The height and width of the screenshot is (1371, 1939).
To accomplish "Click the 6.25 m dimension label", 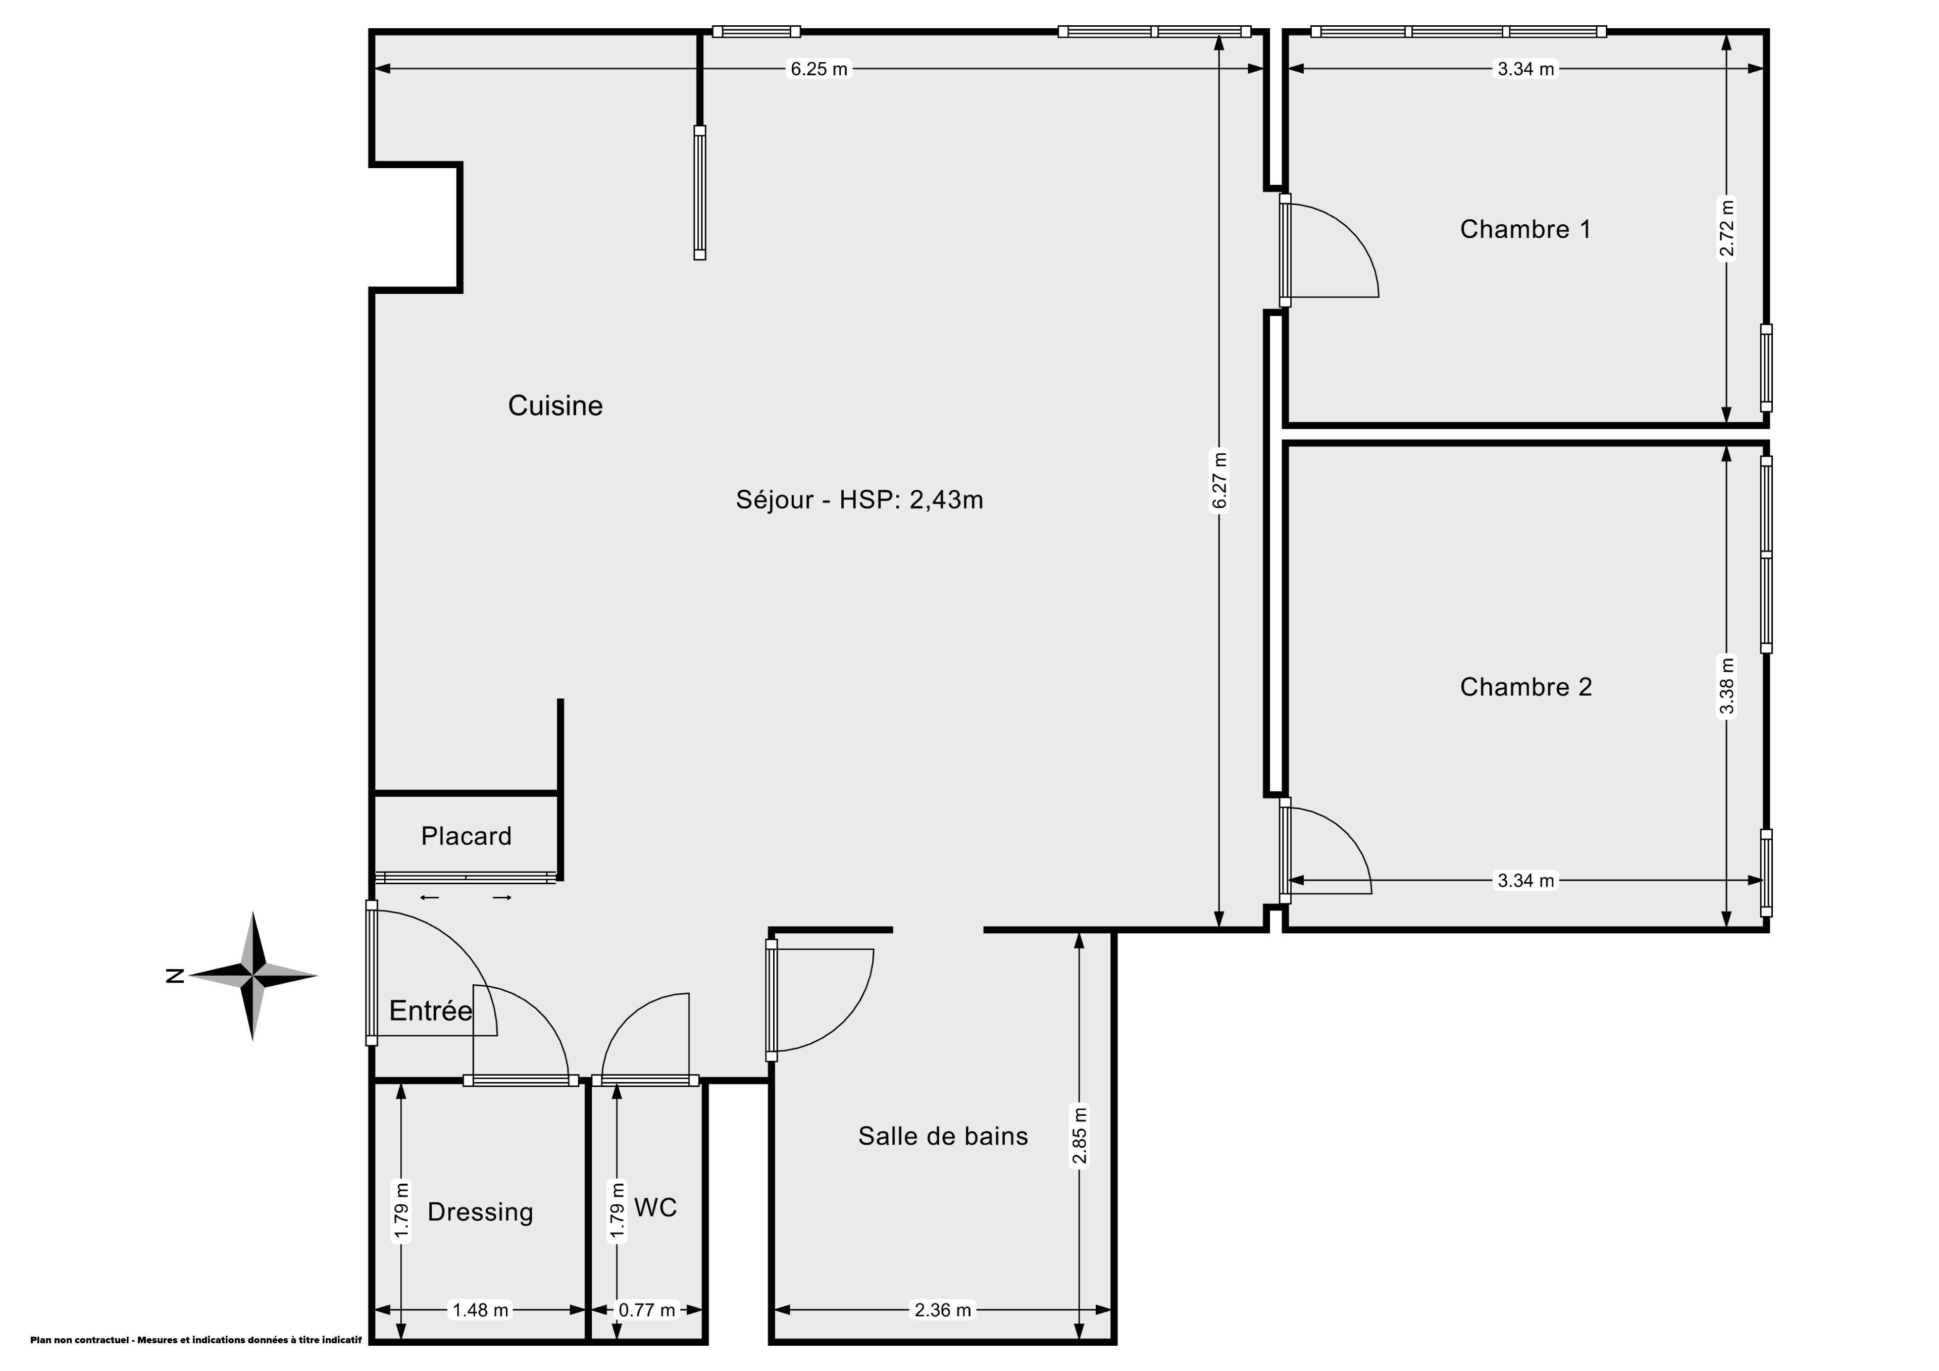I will [x=819, y=69].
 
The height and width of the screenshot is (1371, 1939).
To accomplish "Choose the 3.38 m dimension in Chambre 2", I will [x=1726, y=686].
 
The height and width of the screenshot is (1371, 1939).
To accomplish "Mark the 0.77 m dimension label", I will [x=647, y=1310].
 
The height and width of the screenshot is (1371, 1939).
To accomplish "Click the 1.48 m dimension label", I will [x=481, y=1310].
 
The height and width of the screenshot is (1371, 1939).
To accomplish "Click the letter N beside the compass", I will [x=175, y=977].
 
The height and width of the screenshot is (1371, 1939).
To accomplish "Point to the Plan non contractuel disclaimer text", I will [x=196, y=1340].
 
